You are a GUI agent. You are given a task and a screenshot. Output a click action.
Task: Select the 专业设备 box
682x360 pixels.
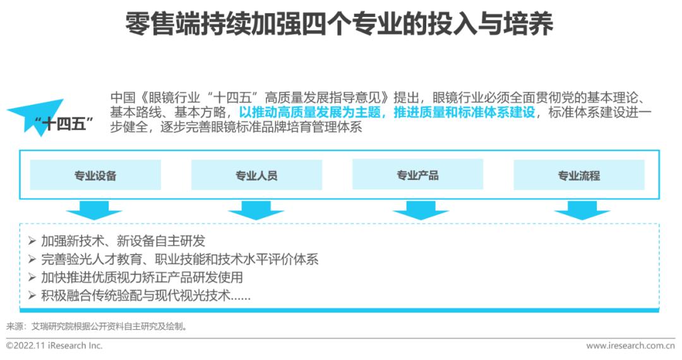95,175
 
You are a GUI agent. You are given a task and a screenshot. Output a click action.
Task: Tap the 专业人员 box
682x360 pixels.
256,175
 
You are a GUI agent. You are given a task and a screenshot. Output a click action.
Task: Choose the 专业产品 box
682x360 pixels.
417,175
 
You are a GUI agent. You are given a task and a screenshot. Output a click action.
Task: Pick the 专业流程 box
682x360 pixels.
578,175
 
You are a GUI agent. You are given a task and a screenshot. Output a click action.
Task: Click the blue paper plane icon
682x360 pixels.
35,114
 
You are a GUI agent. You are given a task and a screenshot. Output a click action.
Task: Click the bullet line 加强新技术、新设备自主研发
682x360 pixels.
123,241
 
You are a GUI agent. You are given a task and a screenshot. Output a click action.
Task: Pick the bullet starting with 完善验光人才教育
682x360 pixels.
179,259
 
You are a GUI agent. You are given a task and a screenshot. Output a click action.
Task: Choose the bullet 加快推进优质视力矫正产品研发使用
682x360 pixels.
141,277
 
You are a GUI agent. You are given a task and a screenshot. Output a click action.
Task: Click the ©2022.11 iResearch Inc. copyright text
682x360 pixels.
54,345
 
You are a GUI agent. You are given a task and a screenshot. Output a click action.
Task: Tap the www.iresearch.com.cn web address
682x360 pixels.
630,345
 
